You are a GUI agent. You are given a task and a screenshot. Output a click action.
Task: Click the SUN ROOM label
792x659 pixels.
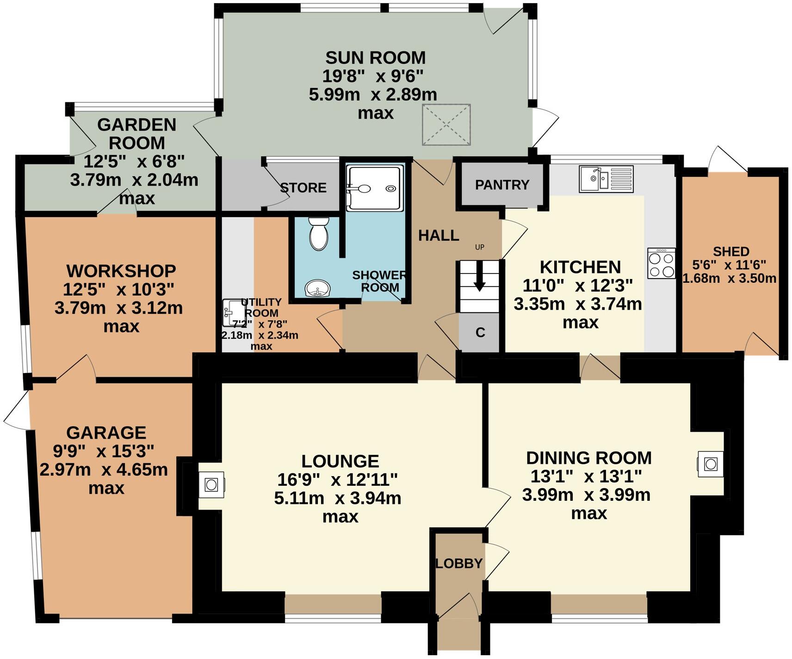click(375, 58)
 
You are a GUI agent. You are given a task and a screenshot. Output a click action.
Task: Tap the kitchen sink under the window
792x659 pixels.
click(606, 179)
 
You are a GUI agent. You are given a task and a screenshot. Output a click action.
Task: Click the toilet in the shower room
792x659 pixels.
click(318, 235)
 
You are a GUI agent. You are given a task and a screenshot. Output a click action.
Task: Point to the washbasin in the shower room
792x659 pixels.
click(317, 289)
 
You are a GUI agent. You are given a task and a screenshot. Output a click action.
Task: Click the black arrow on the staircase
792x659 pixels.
click(479, 277)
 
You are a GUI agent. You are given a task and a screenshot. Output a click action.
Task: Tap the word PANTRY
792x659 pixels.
click(502, 185)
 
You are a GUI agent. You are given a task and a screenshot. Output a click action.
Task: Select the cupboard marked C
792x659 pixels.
click(480, 332)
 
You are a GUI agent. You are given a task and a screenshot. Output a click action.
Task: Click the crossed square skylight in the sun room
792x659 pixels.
click(446, 124)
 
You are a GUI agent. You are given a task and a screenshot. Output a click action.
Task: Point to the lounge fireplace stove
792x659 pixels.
click(211, 485)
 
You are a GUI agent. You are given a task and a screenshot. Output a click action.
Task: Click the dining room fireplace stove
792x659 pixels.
click(710, 463)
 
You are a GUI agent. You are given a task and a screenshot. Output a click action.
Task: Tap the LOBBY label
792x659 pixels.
click(459, 563)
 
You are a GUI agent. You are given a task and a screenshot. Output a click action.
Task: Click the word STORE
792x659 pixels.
click(303, 187)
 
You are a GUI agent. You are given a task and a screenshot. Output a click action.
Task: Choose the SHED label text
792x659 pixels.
click(731, 251)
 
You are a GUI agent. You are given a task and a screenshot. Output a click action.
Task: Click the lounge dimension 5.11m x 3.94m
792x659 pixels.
click(337, 498)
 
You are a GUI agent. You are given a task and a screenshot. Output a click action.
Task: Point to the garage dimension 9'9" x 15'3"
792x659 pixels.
click(104, 450)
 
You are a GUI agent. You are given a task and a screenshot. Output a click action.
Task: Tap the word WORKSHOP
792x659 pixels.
click(121, 271)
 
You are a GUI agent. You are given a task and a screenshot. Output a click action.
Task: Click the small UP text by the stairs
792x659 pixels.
click(479, 247)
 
